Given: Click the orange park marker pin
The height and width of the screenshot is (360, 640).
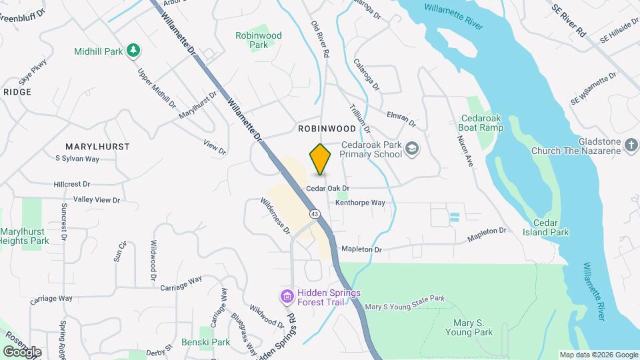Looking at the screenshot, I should (321, 159).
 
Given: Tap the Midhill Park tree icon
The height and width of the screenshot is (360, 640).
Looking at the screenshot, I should (133, 50).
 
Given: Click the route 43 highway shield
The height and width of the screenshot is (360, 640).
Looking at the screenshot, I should (313, 213).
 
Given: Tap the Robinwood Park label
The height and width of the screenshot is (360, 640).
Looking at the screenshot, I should (259, 40).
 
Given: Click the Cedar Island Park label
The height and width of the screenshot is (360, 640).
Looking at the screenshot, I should (551, 227).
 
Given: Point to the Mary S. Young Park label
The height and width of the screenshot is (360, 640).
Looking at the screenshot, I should (468, 327).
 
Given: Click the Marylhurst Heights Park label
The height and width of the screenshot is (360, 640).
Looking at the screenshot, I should (24, 236).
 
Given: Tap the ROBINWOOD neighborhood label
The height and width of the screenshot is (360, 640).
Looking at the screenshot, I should (327, 128).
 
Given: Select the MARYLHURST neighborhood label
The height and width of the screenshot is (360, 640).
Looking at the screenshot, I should (97, 146).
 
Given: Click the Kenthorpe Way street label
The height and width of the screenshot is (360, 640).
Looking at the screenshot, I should (360, 203).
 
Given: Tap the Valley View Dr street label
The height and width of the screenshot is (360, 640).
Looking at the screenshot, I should (97, 199).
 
